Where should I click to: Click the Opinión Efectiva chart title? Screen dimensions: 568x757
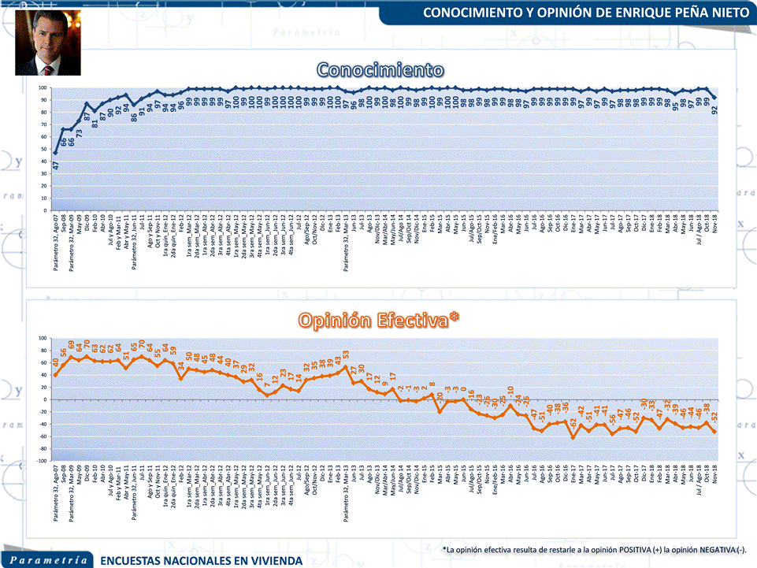(379, 319)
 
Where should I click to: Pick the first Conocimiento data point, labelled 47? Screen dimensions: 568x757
(55, 153)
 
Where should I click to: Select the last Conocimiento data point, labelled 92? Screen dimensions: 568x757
(714, 98)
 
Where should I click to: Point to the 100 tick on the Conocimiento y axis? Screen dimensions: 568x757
(43, 88)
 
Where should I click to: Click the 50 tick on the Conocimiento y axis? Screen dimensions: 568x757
(44, 150)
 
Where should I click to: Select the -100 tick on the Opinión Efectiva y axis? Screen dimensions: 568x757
(41, 461)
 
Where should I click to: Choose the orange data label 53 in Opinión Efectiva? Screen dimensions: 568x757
(346, 355)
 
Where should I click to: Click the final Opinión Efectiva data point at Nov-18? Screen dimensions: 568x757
(714, 432)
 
